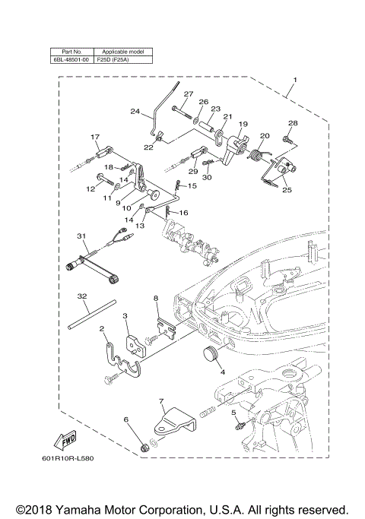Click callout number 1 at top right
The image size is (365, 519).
pos(295,81)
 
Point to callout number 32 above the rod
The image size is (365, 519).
pos(81,294)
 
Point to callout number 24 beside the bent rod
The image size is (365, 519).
pos(135,112)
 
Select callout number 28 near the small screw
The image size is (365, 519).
pos(293,122)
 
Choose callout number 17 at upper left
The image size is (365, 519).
pos(95,137)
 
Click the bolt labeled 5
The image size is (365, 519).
pos(238,422)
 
